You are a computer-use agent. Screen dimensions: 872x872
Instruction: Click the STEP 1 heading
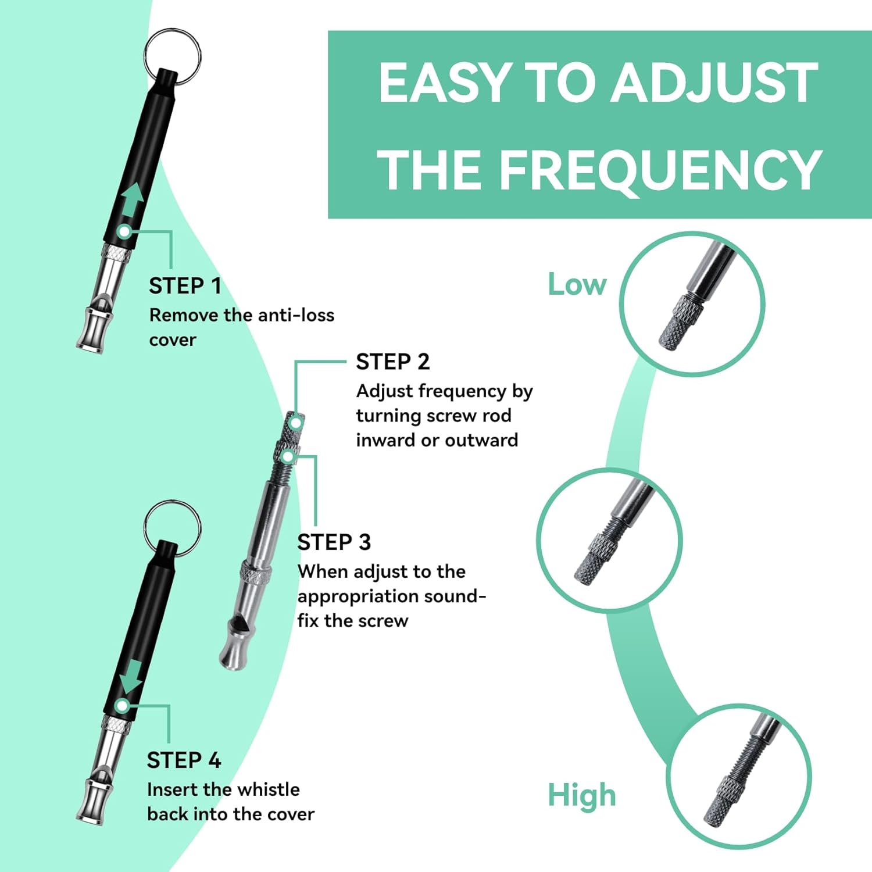[x=185, y=286]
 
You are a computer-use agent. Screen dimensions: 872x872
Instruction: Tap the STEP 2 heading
[x=392, y=362]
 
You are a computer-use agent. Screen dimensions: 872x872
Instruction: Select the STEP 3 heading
[x=334, y=542]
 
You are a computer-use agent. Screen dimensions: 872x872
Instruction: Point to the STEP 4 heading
[x=184, y=760]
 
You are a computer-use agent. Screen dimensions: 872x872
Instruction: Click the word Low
[x=577, y=284]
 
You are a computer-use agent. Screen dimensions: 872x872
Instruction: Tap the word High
[x=581, y=795]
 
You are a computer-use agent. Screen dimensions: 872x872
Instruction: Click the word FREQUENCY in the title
[x=660, y=169]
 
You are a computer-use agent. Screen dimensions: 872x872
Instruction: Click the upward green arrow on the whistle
[x=132, y=200]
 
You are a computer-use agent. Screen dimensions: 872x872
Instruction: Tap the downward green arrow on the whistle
[x=130, y=676]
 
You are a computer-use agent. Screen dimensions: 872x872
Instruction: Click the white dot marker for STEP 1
[x=124, y=231]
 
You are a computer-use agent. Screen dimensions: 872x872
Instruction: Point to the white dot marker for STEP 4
[x=121, y=706]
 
